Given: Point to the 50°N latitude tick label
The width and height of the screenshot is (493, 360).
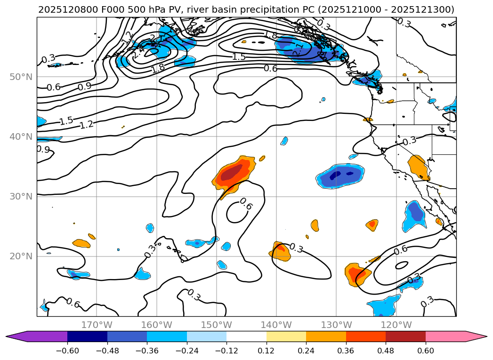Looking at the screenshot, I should point(21,77).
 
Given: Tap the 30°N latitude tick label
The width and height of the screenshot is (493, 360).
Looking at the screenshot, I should point(21,196).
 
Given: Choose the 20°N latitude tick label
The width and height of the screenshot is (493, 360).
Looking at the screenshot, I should point(21,256).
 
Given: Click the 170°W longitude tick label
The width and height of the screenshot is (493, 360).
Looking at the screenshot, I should point(97,325).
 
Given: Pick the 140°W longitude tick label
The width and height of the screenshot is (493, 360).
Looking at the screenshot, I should point(276,325).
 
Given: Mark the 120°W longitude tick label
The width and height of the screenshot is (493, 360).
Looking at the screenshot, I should point(396,325).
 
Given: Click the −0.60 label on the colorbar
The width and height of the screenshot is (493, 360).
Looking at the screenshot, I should point(67,350).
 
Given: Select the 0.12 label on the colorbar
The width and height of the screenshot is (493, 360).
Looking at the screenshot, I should point(267,350).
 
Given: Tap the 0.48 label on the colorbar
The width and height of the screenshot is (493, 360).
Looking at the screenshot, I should point(386,350).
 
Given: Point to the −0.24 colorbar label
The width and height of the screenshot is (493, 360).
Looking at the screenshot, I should point(187,350).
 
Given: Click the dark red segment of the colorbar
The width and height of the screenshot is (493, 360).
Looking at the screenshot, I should point(405,336).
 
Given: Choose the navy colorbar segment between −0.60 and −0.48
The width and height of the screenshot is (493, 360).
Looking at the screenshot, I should point(87,336).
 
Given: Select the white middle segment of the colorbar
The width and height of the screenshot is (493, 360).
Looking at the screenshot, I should point(246,336).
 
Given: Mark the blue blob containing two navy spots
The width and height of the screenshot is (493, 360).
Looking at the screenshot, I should point(340,176).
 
